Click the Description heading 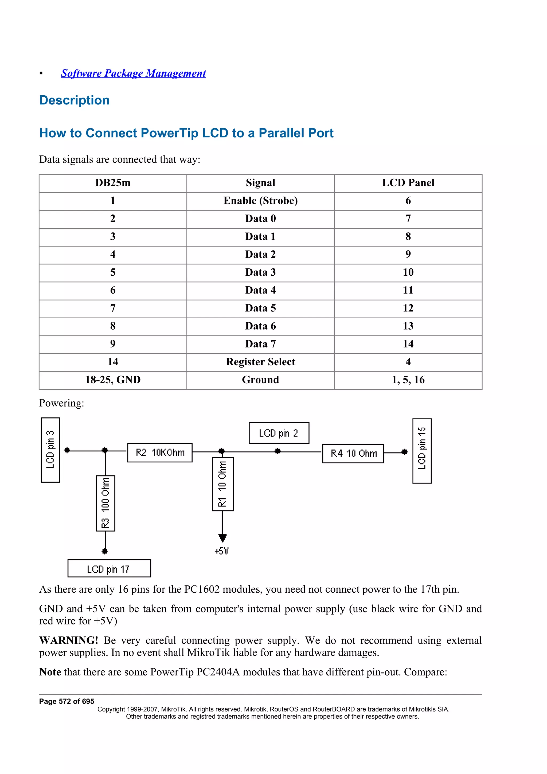(x=74, y=100)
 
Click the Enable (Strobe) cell (x=260, y=201)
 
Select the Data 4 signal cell (x=260, y=290)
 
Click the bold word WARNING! (x=68, y=640)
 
